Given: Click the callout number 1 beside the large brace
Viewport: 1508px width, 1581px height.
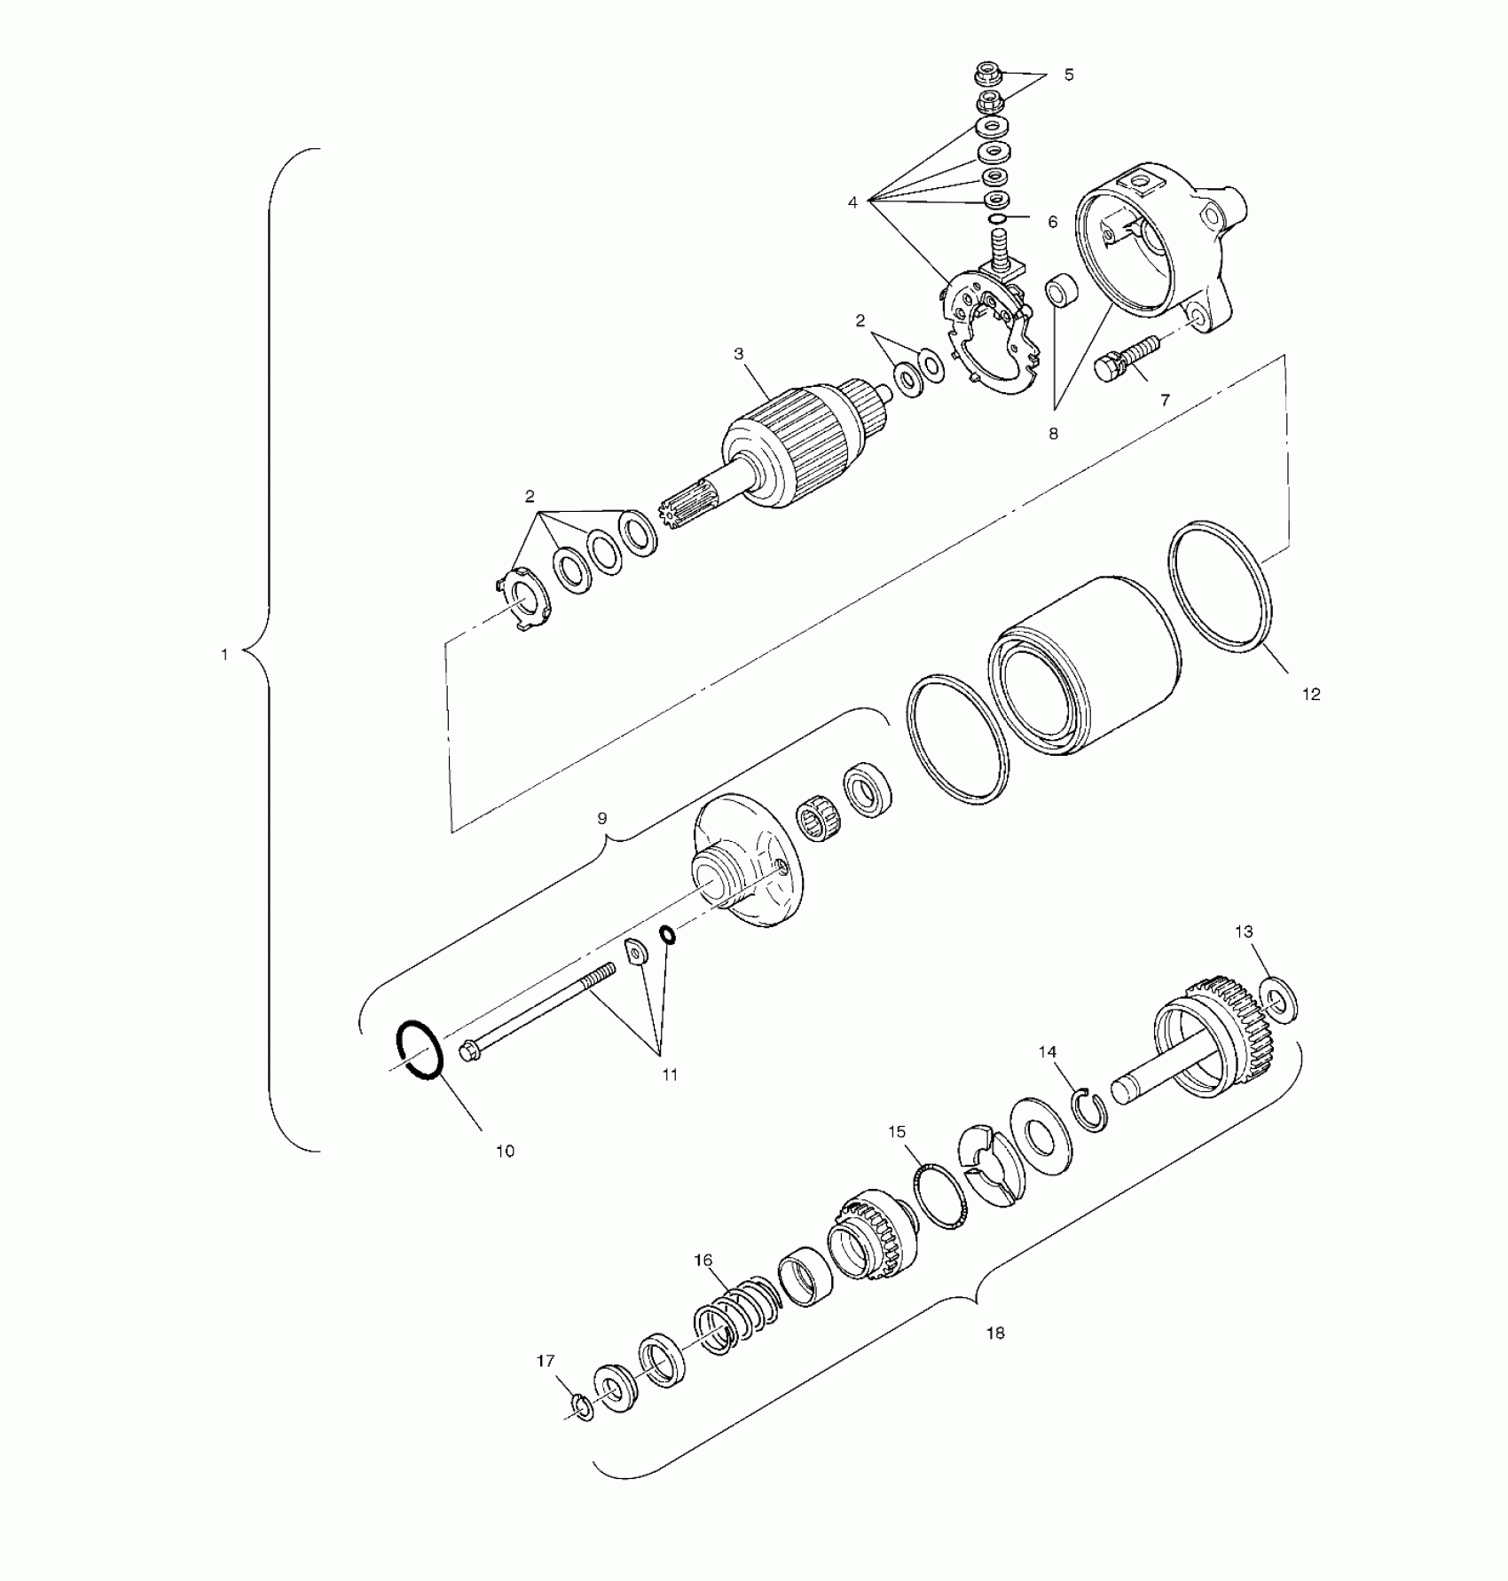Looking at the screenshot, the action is [224, 655].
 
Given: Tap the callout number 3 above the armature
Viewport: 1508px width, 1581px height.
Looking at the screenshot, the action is [739, 353].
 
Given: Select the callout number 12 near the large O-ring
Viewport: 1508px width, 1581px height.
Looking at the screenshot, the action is [1311, 695].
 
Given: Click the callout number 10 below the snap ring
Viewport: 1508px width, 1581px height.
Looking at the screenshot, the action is [505, 1152].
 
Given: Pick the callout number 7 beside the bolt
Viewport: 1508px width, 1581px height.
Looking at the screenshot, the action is [1165, 400].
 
